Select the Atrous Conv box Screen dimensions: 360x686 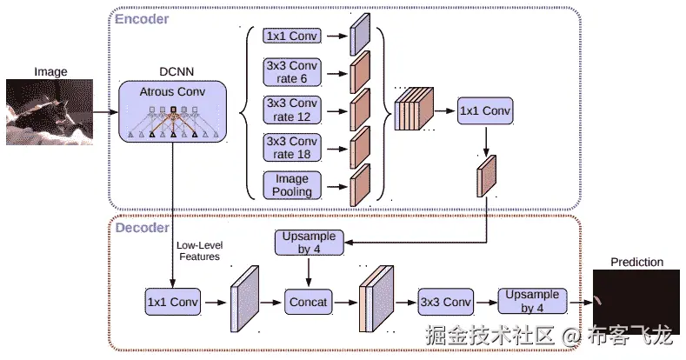[x=172, y=112]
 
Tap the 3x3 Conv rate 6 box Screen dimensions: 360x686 [x=291, y=72]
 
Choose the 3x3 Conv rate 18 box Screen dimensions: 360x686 [x=291, y=148]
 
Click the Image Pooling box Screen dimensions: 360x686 [x=291, y=185]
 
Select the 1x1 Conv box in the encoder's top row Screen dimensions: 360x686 [x=291, y=37]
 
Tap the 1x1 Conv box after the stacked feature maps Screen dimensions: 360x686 [x=485, y=111]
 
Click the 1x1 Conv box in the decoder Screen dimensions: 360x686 [x=172, y=302]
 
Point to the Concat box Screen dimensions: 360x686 [x=309, y=302]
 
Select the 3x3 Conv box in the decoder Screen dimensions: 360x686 [x=446, y=302]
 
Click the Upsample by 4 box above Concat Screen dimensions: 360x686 [x=309, y=243]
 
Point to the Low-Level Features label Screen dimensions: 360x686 [x=197, y=250]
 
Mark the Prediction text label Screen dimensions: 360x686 [x=636, y=262]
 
